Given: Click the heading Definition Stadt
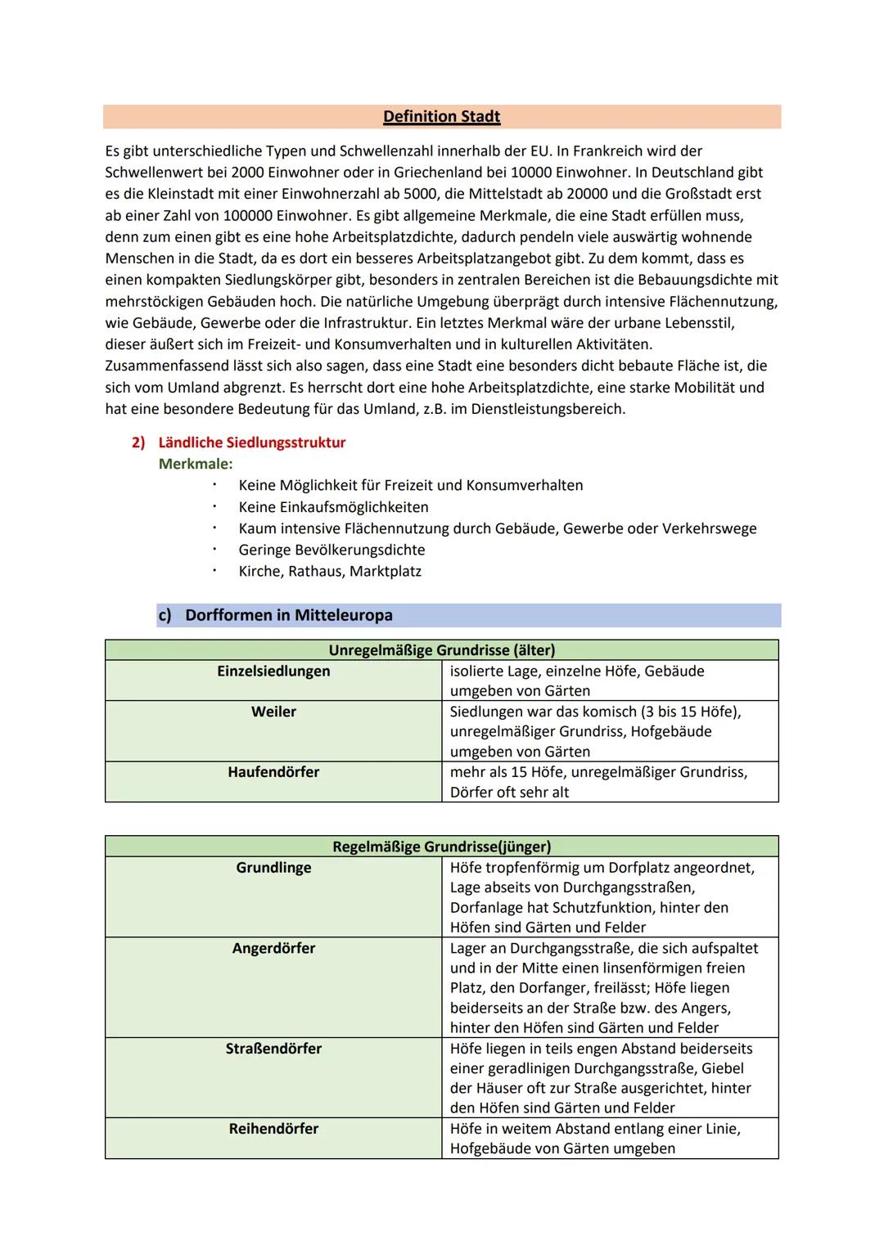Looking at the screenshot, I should click(441, 116).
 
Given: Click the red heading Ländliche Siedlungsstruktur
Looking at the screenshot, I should click(251, 443).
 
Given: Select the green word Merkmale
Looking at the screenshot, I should click(195, 464).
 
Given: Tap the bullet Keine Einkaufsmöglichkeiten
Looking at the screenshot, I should click(333, 507).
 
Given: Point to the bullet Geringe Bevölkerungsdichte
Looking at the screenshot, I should click(331, 550).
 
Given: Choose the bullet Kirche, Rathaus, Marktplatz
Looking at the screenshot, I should click(330, 571).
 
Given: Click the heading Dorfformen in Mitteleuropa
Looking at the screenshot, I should click(288, 615).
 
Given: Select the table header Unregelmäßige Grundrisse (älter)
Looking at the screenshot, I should click(441, 650).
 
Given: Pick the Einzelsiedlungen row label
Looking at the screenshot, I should click(273, 672).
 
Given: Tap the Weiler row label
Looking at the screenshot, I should click(273, 712).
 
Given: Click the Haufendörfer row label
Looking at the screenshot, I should click(273, 772).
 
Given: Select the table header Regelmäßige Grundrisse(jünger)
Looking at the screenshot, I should click(441, 847).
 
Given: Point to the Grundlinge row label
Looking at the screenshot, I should click(273, 868).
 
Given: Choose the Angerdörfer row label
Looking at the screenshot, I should click(273, 949).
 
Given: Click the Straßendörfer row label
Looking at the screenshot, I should click(273, 1049).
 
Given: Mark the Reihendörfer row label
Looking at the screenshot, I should click(273, 1129).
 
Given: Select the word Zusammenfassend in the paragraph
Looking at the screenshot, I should click(167, 366).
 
